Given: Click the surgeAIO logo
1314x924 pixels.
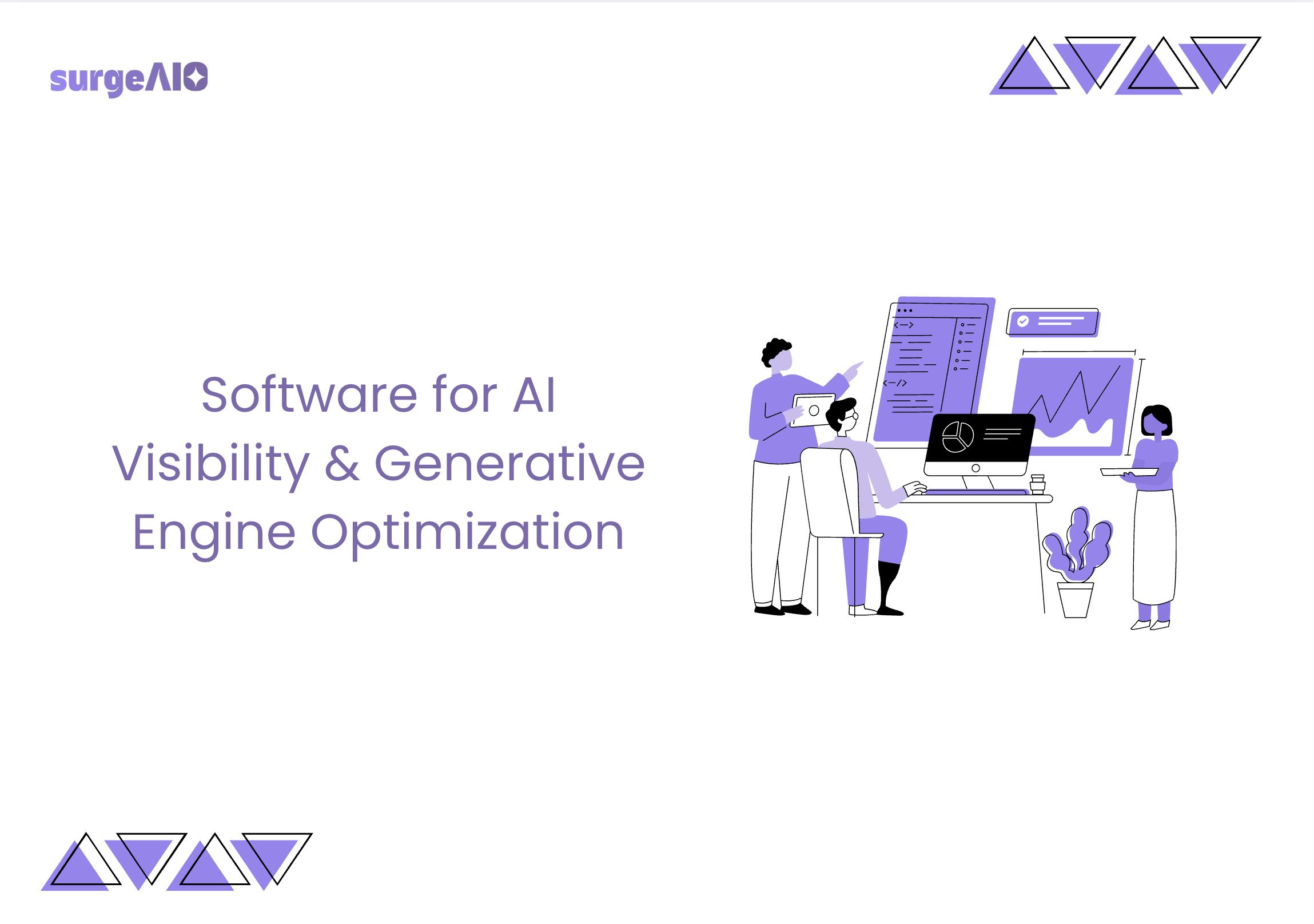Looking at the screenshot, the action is pyautogui.click(x=129, y=79).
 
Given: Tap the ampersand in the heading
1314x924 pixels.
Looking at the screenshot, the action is pyautogui.click(x=343, y=463).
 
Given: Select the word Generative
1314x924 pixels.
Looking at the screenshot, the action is pyautogui.click(x=509, y=463).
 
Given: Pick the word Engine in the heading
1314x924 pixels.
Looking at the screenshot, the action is pyautogui.click(x=214, y=534).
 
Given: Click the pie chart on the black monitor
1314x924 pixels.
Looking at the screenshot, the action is pyautogui.click(x=957, y=436).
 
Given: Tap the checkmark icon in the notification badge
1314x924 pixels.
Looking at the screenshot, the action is pyautogui.click(x=1023, y=321).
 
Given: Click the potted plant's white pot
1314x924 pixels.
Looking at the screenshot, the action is pyautogui.click(x=1076, y=600).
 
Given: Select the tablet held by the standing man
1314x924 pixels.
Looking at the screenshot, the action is pyautogui.click(x=812, y=410).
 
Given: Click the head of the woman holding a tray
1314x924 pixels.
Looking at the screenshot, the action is pyautogui.click(x=1157, y=420).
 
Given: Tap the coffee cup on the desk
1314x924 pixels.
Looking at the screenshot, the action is pyautogui.click(x=1038, y=484).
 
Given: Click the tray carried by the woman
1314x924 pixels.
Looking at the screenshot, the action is pyautogui.click(x=1129, y=472).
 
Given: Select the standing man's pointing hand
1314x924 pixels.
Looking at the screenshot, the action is pyautogui.click(x=853, y=370).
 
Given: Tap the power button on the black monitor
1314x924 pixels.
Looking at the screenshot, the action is pyautogui.click(x=975, y=468).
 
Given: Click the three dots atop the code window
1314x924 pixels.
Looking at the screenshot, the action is pyautogui.click(x=905, y=310).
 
